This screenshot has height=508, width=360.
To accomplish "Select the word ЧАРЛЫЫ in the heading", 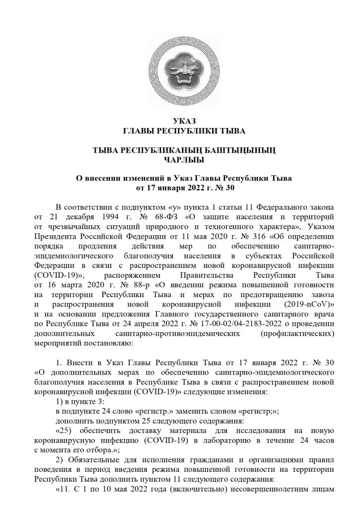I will [180, 160].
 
